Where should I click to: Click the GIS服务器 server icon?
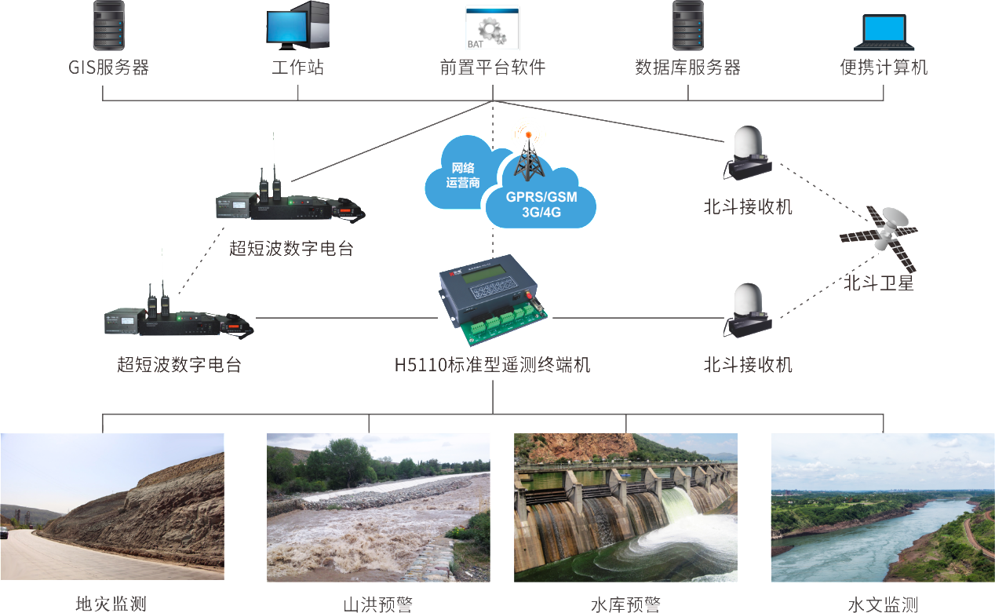pyautogui.click(x=108, y=27)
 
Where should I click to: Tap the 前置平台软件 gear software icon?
pyautogui.click(x=493, y=28)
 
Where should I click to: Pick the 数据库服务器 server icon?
pyautogui.click(x=687, y=27)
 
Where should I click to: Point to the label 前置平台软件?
pyautogui.click(x=493, y=68)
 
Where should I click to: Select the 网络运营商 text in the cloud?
pyautogui.click(x=463, y=175)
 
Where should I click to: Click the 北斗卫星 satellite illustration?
pyautogui.click(x=878, y=231)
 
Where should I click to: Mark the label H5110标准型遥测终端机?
pyautogui.click(x=493, y=365)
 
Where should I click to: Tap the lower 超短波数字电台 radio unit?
pyautogui.click(x=179, y=318)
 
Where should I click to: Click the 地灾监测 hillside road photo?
pyautogui.click(x=112, y=506)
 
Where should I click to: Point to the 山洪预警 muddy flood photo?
pyautogui.click(x=378, y=506)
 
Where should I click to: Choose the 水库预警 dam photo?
pyautogui.click(x=625, y=506)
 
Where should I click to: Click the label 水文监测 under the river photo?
pyautogui.click(x=883, y=604)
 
